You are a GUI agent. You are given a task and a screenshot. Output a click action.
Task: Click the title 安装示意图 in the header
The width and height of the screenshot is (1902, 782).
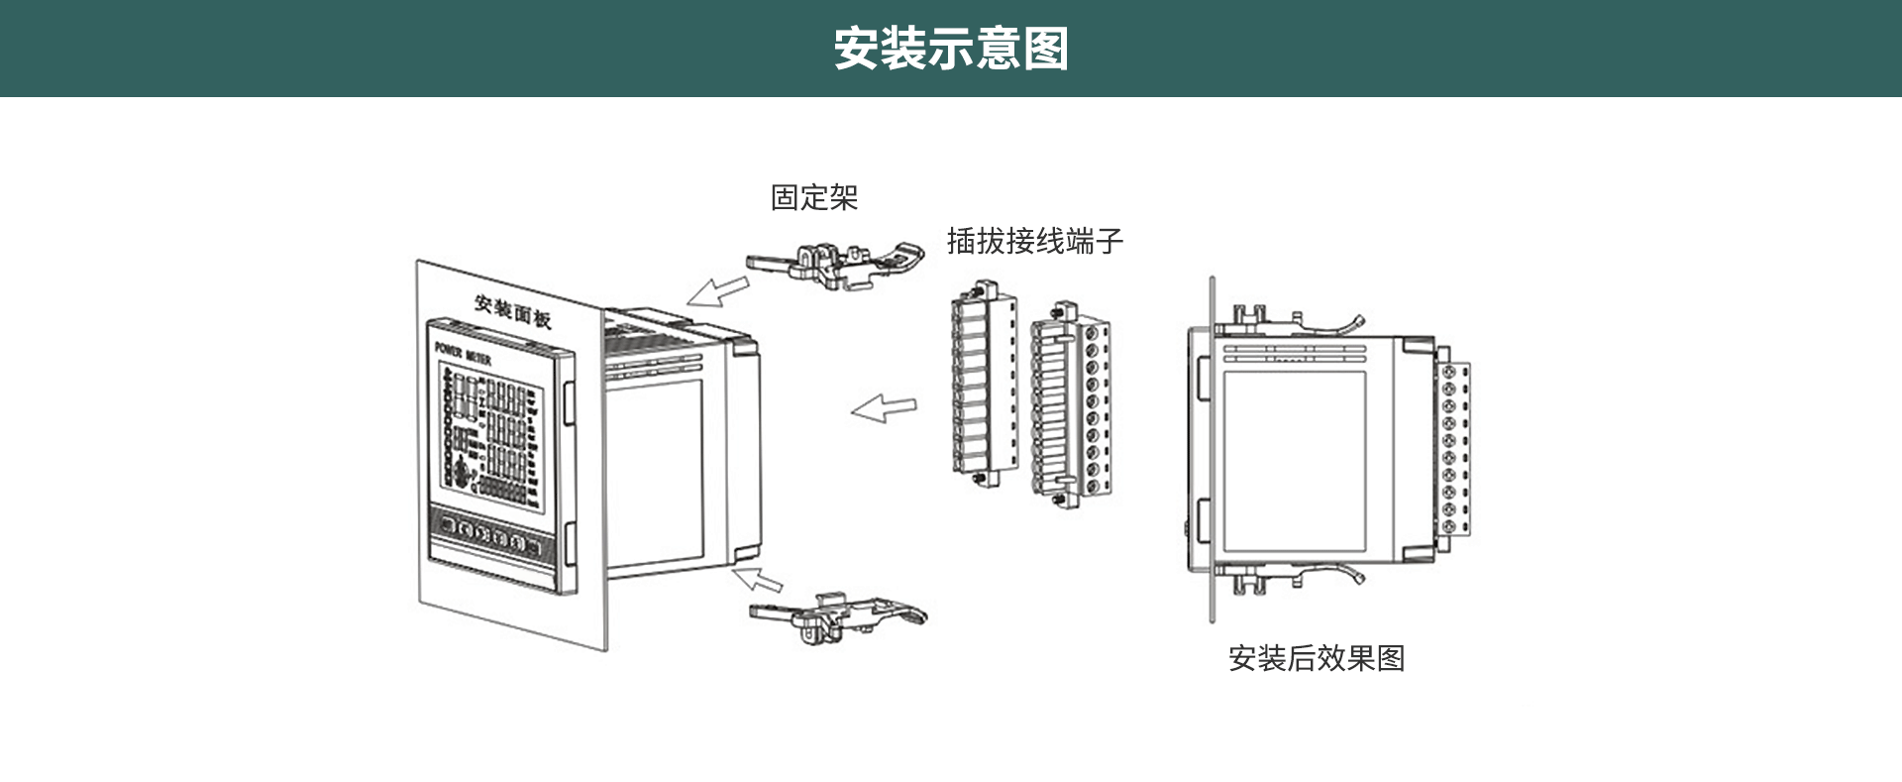(x=950, y=49)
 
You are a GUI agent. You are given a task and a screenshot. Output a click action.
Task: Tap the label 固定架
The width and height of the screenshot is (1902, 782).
(x=814, y=197)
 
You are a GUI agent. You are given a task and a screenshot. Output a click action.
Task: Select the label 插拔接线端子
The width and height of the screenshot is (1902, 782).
(x=1034, y=241)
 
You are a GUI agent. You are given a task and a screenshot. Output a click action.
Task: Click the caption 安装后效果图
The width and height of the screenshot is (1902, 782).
(x=1316, y=658)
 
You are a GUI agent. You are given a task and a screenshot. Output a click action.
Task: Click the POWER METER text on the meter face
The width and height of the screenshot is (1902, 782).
(x=463, y=353)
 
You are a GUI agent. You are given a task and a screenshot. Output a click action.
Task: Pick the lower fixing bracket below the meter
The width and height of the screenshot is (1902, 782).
(x=837, y=614)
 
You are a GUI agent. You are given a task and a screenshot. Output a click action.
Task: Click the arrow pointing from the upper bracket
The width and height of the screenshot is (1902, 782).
(x=718, y=291)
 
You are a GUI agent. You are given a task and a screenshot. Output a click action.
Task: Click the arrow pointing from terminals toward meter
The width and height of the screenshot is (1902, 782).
(x=885, y=407)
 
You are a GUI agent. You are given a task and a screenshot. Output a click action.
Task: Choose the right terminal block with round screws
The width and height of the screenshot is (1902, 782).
(x=1070, y=406)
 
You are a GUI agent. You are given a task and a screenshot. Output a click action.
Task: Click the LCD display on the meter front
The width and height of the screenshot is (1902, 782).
(x=491, y=432)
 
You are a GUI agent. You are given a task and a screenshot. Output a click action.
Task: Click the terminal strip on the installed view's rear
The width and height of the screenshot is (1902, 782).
(x=1453, y=451)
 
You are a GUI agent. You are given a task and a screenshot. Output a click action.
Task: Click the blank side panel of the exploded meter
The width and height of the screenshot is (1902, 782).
(x=654, y=471)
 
